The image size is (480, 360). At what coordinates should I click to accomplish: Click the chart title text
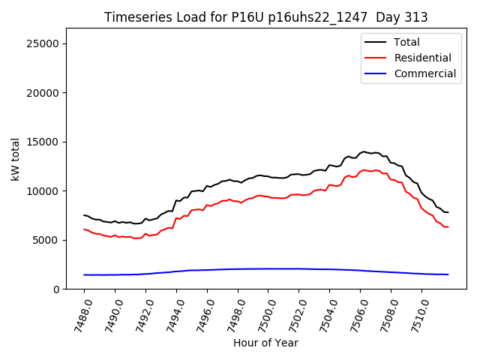tap(265, 17)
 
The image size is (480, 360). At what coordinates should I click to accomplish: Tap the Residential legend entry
tap(422, 58)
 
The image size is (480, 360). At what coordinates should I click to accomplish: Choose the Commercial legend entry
tap(424, 73)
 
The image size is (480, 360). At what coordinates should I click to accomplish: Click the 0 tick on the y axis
tap(56, 289)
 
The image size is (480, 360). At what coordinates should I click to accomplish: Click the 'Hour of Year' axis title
tap(265, 343)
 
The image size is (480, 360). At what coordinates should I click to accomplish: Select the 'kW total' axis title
tap(15, 159)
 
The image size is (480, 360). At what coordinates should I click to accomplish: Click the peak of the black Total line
tap(364, 151)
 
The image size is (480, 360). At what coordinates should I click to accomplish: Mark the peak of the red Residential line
tap(364, 169)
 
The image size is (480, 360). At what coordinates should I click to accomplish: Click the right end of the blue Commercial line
tap(448, 274)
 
